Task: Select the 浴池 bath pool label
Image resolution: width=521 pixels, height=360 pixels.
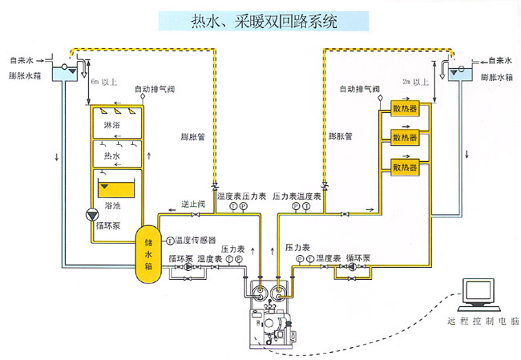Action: click(113, 206)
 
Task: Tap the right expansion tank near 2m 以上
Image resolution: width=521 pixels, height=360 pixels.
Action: click(461, 74)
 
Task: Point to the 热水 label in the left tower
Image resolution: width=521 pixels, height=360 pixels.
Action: click(113, 155)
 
